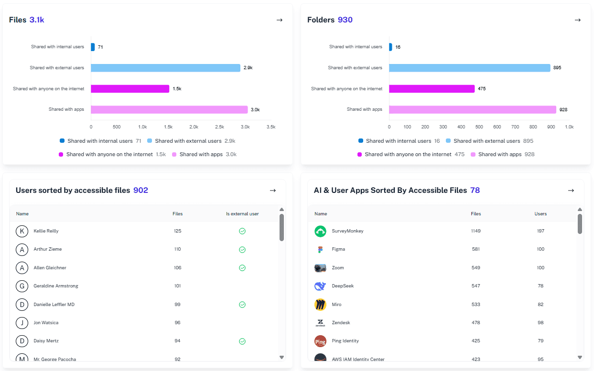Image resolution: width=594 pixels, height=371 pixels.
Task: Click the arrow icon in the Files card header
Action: pyautogui.click(x=280, y=20)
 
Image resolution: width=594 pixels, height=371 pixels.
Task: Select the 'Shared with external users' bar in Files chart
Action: pyautogui.click(x=165, y=68)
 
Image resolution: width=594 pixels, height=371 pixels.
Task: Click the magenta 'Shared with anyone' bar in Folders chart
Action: pyautogui.click(x=432, y=89)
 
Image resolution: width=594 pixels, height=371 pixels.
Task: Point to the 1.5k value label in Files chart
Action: pyautogui.click(x=177, y=89)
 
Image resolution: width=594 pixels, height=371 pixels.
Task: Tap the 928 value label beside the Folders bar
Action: pyautogui.click(x=563, y=110)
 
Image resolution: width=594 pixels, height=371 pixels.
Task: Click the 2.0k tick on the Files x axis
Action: pyautogui.click(x=194, y=127)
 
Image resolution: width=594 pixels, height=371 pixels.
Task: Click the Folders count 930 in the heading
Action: pyautogui.click(x=345, y=20)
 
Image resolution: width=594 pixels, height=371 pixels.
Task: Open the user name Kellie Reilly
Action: pyautogui.click(x=46, y=231)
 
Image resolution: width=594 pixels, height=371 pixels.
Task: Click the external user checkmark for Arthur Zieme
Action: pyautogui.click(x=242, y=250)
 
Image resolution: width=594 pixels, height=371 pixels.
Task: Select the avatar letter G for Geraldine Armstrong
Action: pyautogui.click(x=22, y=286)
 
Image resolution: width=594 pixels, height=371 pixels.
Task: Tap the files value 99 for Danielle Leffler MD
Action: pyautogui.click(x=177, y=305)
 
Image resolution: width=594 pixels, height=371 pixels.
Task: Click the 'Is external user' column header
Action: pyautogui.click(x=242, y=214)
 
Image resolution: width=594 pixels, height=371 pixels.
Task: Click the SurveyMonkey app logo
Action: pyautogui.click(x=320, y=231)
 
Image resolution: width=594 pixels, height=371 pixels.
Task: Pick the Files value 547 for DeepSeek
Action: pyautogui.click(x=475, y=286)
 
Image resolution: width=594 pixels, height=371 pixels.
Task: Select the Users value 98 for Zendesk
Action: pyautogui.click(x=540, y=323)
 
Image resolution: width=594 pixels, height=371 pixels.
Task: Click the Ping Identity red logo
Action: pyautogui.click(x=320, y=341)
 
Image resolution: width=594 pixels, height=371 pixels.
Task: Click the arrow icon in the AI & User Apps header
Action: pyautogui.click(x=571, y=191)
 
